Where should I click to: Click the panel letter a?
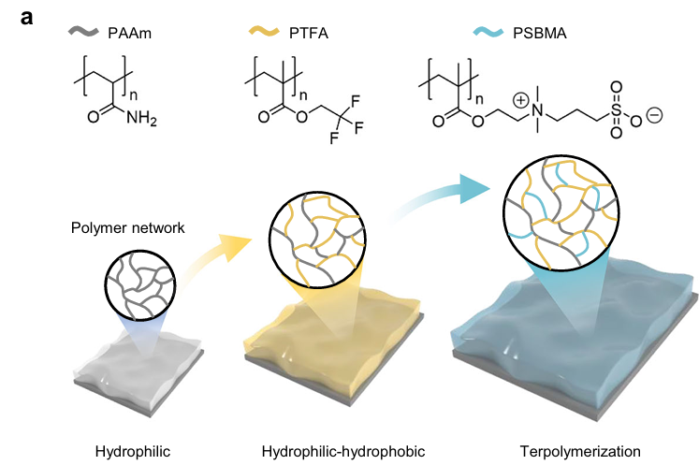click(27, 18)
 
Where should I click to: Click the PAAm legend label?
click(130, 34)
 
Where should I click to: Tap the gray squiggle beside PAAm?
click(83, 31)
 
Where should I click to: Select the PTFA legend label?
click(309, 34)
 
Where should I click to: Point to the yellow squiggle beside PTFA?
click(264, 31)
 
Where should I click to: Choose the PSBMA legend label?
click(540, 34)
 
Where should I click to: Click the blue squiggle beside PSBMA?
click(488, 32)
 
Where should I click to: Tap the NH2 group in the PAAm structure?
click(141, 118)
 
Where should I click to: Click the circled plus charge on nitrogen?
click(520, 100)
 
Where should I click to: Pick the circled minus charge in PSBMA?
click(654, 115)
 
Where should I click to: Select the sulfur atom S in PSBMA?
click(616, 109)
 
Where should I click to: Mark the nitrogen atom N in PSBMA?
click(538, 110)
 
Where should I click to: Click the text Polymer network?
click(127, 227)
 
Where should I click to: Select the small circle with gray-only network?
click(140, 285)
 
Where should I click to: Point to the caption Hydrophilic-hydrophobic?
click(343, 451)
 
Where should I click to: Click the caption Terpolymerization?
click(580, 452)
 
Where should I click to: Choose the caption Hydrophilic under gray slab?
click(133, 452)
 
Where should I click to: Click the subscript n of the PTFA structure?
click(303, 95)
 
